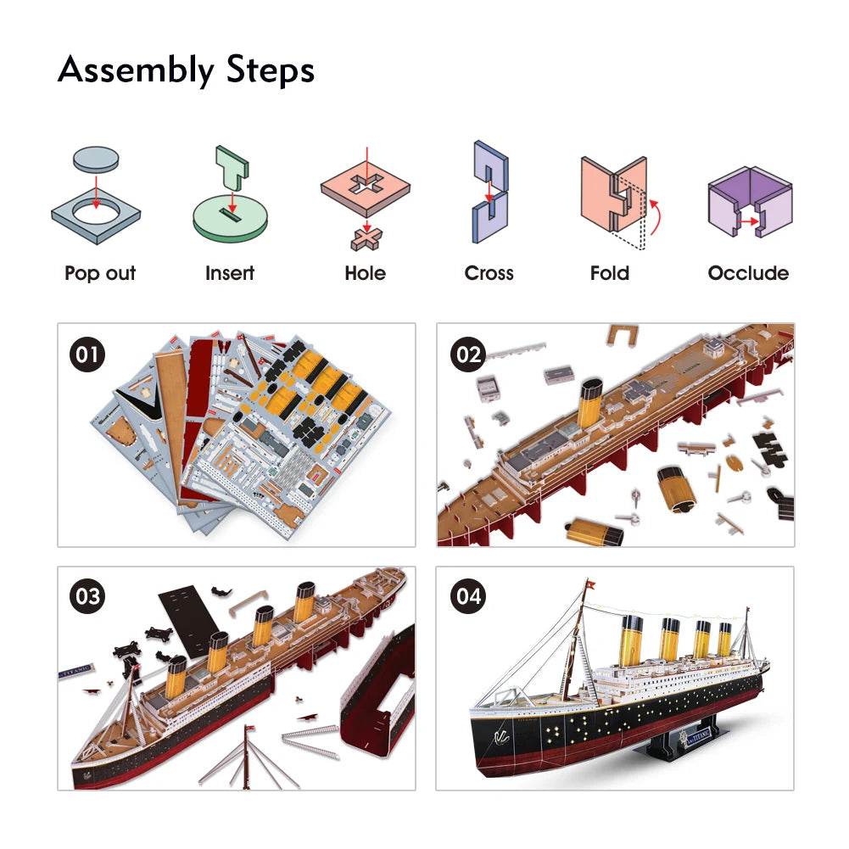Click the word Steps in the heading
click(x=271, y=71)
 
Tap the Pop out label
click(x=100, y=273)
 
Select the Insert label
click(x=230, y=273)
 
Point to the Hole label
click(x=365, y=273)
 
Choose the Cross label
click(x=489, y=273)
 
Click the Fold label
click(x=610, y=273)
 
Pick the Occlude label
click(x=748, y=273)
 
